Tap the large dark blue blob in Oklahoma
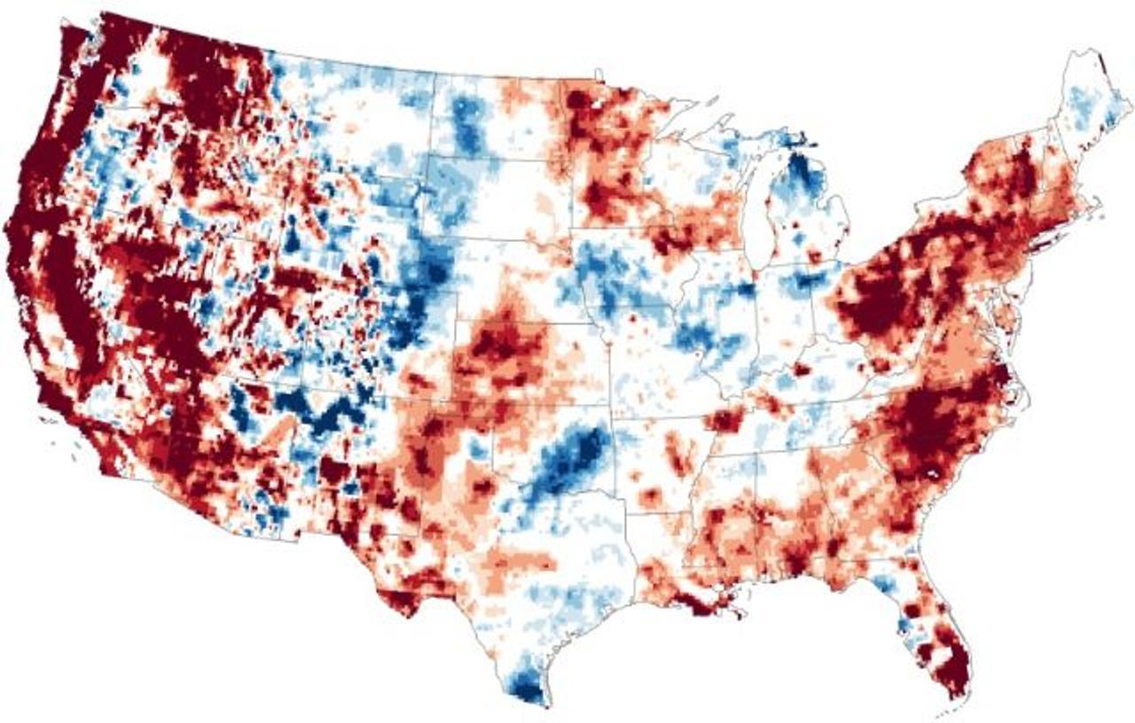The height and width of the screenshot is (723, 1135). [x=567, y=460]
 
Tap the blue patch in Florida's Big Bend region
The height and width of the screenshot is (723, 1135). [x=883, y=585]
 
